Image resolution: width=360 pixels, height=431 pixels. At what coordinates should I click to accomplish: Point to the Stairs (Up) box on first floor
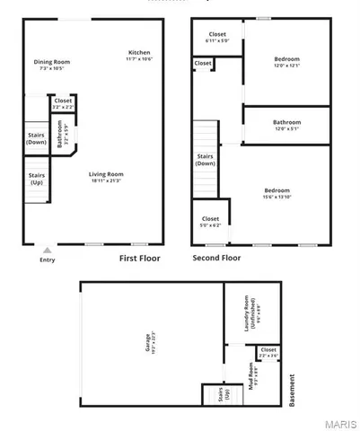(37, 179)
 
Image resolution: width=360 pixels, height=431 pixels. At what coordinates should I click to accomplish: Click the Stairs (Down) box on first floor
(37, 139)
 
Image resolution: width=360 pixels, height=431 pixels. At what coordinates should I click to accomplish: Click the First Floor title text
(142, 258)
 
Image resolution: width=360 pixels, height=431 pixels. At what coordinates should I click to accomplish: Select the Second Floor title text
(217, 258)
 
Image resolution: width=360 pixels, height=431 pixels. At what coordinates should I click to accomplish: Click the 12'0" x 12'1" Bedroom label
(287, 62)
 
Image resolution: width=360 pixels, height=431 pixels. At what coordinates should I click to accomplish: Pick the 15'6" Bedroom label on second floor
(277, 193)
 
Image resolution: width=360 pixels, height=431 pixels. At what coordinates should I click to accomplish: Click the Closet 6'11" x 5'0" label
(217, 37)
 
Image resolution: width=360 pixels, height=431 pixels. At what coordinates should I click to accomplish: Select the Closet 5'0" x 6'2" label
(210, 221)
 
